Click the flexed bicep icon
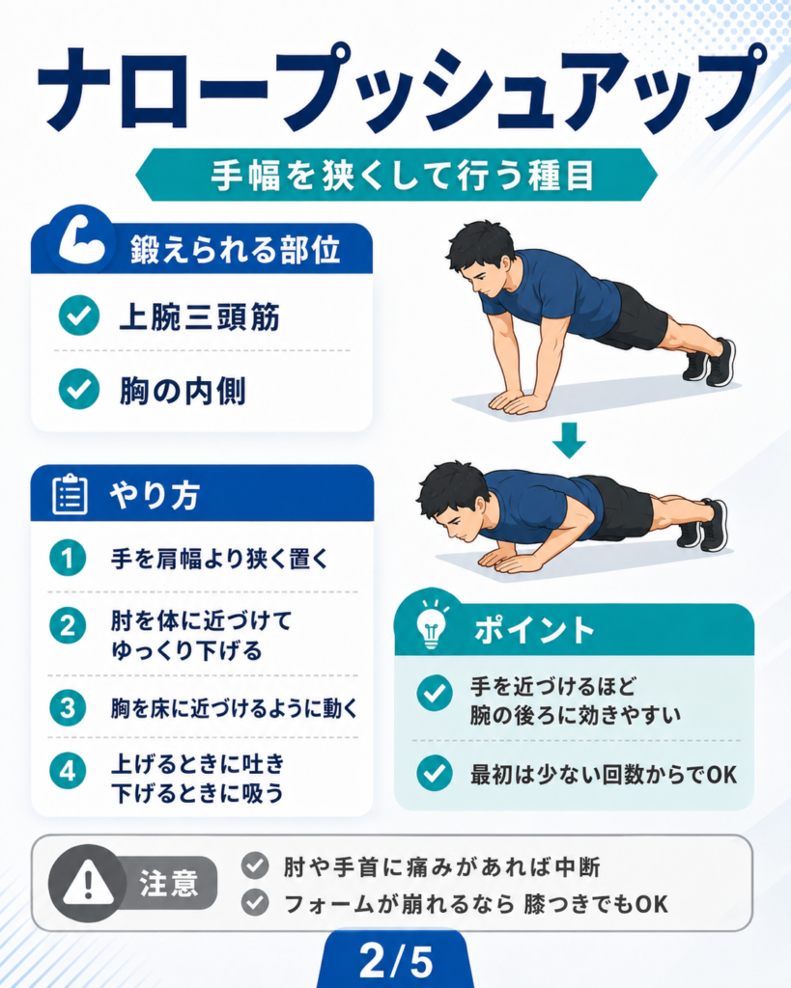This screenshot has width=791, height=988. pyautogui.click(x=82, y=240)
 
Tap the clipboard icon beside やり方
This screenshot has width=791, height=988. pyautogui.click(x=70, y=495)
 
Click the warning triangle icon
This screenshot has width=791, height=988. pyautogui.click(x=88, y=882)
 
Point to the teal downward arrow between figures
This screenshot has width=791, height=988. pyautogui.click(x=569, y=440)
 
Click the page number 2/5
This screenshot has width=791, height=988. pyautogui.click(x=396, y=961)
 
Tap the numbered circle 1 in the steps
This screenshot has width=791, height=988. pyautogui.click(x=68, y=558)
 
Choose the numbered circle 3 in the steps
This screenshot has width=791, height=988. pyautogui.click(x=68, y=708)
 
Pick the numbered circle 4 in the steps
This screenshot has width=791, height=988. pyautogui.click(x=68, y=771)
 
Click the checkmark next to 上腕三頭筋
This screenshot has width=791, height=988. pyautogui.click(x=79, y=316)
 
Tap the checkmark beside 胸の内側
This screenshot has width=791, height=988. pyautogui.click(x=79, y=390)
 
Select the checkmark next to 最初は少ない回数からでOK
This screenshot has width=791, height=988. pyautogui.click(x=435, y=773)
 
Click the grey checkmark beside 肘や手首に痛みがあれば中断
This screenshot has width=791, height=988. pyautogui.click(x=255, y=865)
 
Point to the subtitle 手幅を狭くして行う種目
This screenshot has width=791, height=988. pyautogui.click(x=403, y=176)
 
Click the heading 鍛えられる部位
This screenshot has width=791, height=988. pyautogui.click(x=236, y=250)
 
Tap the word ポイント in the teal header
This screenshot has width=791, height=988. pyautogui.click(x=534, y=629)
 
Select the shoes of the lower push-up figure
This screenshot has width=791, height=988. pyautogui.click(x=703, y=524)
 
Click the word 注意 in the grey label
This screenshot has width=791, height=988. pyautogui.click(x=169, y=883)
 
